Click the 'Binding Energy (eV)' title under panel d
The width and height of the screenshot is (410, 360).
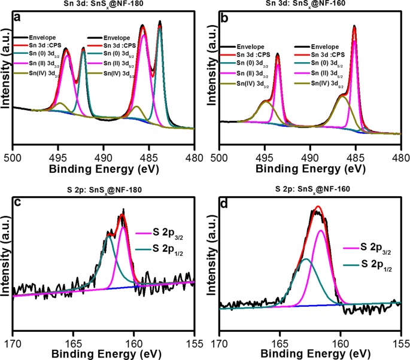(x=309, y=353)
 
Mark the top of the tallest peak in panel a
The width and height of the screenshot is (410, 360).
(x=160, y=22)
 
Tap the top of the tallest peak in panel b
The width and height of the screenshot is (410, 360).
(x=354, y=26)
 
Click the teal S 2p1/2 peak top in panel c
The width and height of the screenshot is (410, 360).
(x=109, y=237)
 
